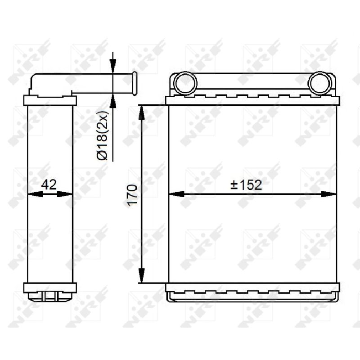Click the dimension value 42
(x=49, y=184)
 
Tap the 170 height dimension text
(x=132, y=195)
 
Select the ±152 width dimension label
(x=246, y=185)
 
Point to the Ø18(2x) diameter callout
(x=102, y=135)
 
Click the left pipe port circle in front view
(x=185, y=83)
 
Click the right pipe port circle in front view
(x=319, y=83)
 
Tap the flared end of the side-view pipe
(x=135, y=83)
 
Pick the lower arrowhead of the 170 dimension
(x=142, y=275)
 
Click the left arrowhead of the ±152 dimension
(x=176, y=194)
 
